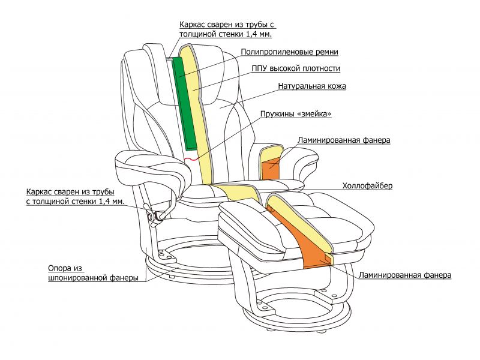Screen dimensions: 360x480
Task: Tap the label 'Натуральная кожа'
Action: pos(312,86)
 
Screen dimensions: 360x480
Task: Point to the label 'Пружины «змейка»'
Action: pos(296,114)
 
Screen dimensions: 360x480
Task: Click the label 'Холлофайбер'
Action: pos(367,186)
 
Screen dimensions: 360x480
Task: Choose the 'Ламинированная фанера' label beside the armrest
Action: pos(344,140)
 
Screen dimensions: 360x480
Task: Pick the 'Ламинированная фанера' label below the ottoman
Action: pos(405,275)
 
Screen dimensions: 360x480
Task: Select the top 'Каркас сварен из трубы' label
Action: pos(227,30)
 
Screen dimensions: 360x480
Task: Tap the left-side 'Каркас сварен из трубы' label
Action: pos(75,197)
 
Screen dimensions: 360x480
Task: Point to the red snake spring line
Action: pos(191,159)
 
